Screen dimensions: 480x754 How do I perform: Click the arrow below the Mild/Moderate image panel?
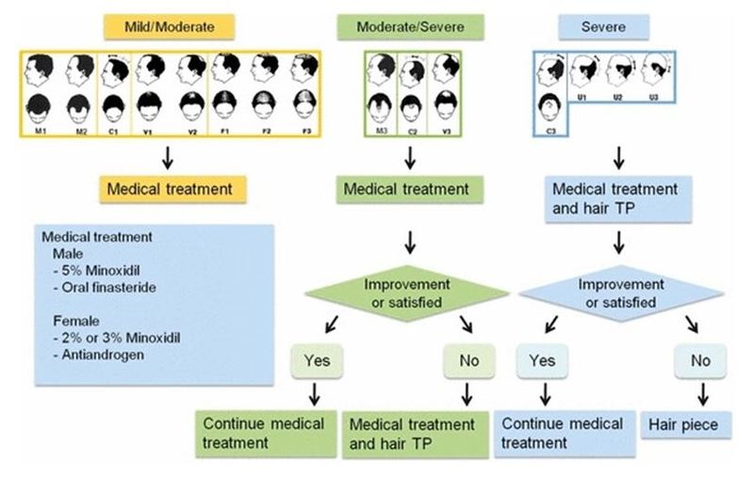point(169,154)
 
